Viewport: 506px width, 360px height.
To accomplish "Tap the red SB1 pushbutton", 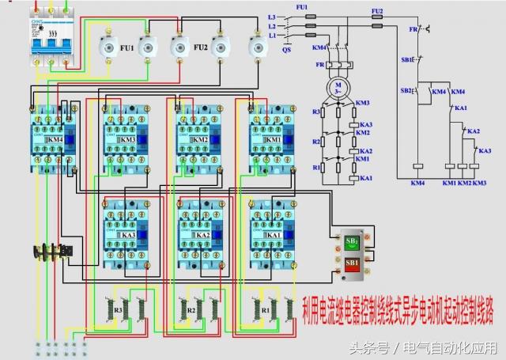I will coord(352,262).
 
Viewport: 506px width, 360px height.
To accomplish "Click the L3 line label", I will coord(271,16).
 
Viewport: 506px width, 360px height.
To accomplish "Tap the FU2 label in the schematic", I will coord(377,10).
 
